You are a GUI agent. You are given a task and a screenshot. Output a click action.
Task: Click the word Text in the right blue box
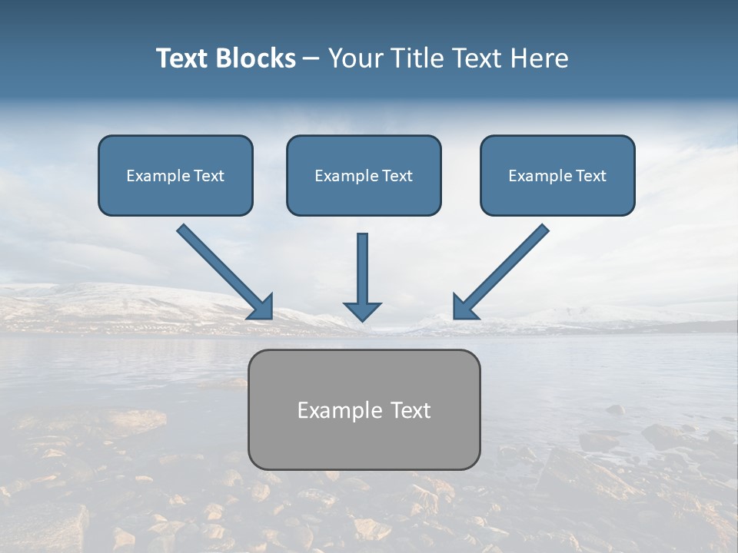point(590,176)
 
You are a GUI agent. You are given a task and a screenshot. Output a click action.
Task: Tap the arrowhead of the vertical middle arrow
point(362,310)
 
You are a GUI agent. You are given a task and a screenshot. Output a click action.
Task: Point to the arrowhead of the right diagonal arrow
point(464,308)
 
